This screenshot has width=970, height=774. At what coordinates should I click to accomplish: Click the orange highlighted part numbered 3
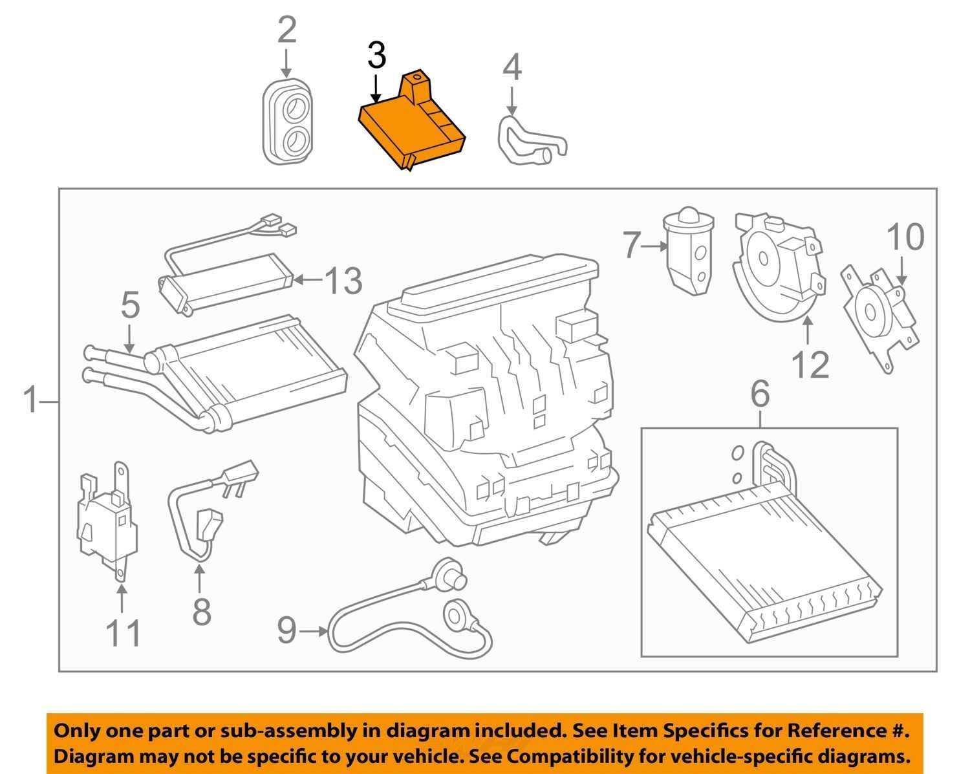click(x=411, y=122)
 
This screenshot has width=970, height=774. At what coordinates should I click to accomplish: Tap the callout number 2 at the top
click(x=287, y=30)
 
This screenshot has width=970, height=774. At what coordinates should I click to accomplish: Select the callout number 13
click(x=343, y=281)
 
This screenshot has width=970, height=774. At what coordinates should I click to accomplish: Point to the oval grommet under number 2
click(x=288, y=123)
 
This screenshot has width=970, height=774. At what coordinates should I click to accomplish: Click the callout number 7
click(x=632, y=245)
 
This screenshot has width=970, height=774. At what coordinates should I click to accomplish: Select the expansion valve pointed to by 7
click(x=688, y=251)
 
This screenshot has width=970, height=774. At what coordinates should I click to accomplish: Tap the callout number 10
click(x=905, y=237)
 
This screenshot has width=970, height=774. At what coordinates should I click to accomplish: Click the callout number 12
click(x=810, y=365)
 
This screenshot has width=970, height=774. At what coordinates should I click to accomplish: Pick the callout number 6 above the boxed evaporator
click(x=760, y=394)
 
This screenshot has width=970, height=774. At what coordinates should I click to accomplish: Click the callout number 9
click(x=286, y=630)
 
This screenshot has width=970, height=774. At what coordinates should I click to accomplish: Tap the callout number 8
click(x=202, y=612)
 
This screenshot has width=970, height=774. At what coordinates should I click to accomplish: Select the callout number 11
click(x=123, y=633)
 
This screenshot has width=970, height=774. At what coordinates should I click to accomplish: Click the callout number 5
click(x=130, y=305)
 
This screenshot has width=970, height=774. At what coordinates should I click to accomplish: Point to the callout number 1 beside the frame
click(x=30, y=399)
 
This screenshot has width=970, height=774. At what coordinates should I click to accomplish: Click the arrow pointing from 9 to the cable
click(x=313, y=632)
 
